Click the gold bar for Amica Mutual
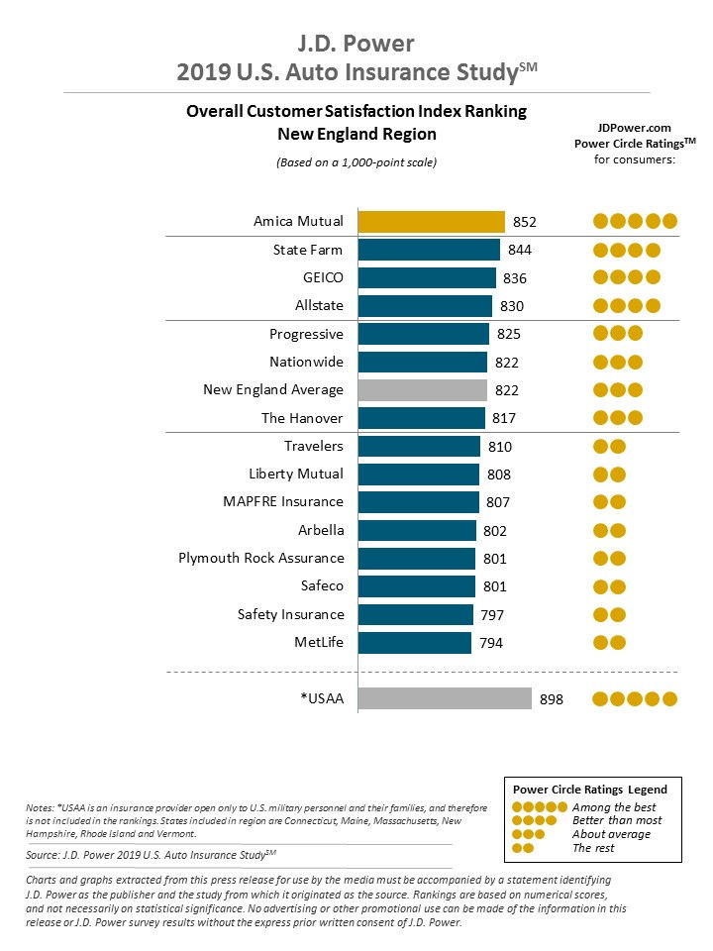[x=431, y=221]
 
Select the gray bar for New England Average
[x=422, y=389]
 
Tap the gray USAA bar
[x=444, y=699]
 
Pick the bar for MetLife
[x=414, y=643]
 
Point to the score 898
[x=551, y=699]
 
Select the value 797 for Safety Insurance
[x=491, y=615]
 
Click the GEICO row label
[x=323, y=277]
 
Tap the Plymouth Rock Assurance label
[x=261, y=558]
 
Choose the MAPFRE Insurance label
[x=283, y=502]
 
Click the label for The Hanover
[x=302, y=418]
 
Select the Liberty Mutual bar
[x=418, y=475]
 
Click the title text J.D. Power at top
[x=356, y=44]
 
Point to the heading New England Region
[x=356, y=134]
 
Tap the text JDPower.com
[x=634, y=128]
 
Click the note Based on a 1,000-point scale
[x=356, y=161]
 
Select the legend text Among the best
[x=614, y=807]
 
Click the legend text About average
[x=610, y=834]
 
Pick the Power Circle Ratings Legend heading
[x=589, y=789]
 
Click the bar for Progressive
[x=423, y=334]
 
